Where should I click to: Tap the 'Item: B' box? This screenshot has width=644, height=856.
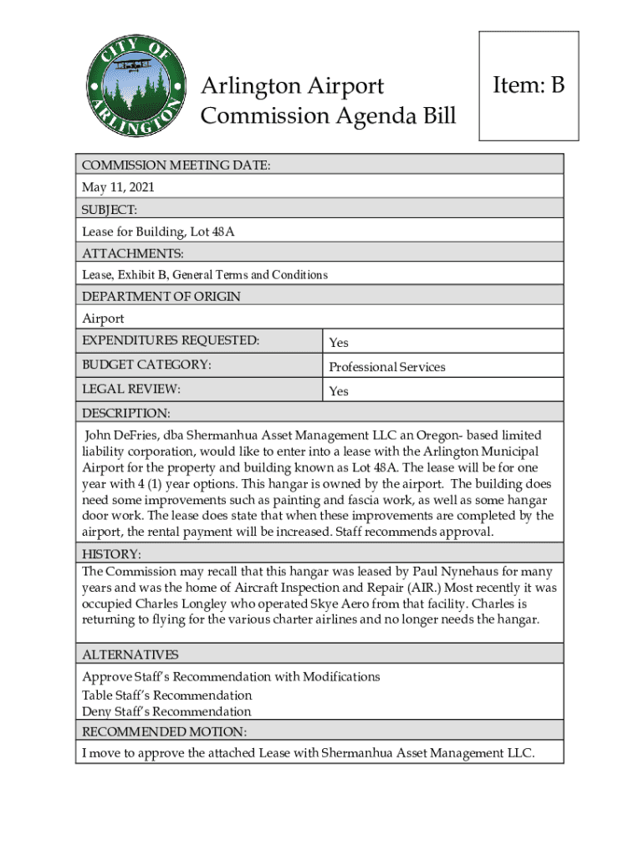529,85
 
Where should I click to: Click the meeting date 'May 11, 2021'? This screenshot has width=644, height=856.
118,187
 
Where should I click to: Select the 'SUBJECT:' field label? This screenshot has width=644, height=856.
110,209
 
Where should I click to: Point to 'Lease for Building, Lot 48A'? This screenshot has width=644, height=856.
157,232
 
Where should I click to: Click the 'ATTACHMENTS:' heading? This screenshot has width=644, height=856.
132,253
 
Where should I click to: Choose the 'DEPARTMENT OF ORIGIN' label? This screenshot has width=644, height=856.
161,297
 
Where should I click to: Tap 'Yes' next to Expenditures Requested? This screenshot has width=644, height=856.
339,343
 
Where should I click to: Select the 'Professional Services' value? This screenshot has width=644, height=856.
386,367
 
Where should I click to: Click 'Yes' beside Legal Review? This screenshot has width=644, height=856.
339,391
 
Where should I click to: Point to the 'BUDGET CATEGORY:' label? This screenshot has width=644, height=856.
146,364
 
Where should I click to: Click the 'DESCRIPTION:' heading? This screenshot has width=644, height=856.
125,413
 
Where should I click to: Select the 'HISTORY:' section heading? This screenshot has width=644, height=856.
111,554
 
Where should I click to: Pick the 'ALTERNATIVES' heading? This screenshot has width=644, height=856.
130,655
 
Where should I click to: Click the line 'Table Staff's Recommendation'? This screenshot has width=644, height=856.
166,695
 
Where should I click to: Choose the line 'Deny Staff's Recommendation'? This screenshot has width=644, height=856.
166,712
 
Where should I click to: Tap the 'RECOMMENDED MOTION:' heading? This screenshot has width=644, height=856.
164,732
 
